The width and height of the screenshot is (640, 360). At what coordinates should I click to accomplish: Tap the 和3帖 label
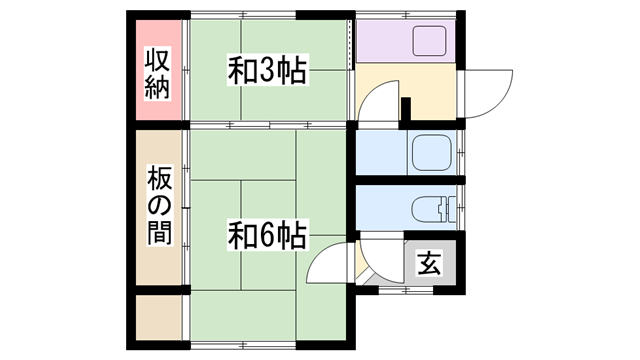(x=267, y=71)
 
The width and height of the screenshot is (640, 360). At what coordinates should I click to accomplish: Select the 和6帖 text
(x=267, y=236)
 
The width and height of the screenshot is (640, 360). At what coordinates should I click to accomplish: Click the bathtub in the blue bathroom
(x=431, y=152)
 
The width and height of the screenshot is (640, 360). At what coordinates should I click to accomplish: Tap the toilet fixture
(x=432, y=209)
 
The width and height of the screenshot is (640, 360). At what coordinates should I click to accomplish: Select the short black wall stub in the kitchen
(x=405, y=109)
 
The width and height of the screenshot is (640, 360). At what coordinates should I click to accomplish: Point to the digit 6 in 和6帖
(x=266, y=236)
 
